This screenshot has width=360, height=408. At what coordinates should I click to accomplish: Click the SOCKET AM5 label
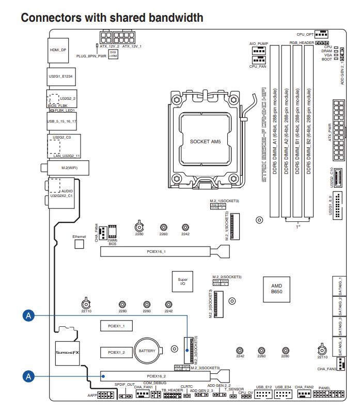point(205,141)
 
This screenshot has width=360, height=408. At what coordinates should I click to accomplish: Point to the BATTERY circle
point(147,351)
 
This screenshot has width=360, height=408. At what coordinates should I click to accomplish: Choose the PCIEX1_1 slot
point(117,326)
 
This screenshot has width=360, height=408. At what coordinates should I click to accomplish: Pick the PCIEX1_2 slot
point(117,352)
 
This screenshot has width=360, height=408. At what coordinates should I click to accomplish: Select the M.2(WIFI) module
point(67,168)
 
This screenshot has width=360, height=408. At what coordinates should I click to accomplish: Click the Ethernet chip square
point(79,244)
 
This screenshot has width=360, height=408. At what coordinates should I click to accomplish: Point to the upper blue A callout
point(29,315)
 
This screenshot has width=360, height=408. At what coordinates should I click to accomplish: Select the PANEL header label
point(324,387)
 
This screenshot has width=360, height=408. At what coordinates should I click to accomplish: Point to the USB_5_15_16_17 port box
point(61,122)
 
